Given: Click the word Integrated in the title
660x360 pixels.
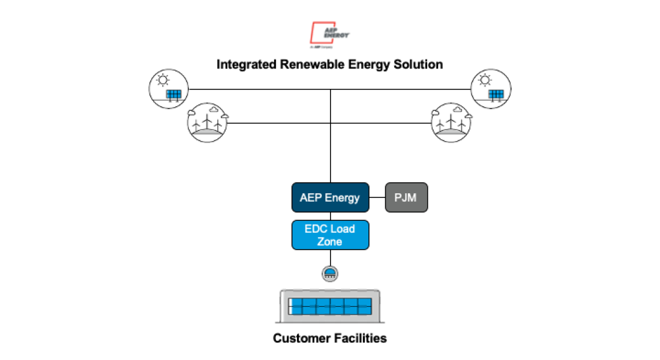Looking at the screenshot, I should click(247, 64).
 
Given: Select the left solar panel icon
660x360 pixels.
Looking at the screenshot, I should click(169, 89).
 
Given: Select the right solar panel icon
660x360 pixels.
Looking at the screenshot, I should click(491, 89).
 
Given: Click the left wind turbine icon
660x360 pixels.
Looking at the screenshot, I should click(208, 122).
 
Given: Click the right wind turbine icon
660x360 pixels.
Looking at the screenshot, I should click(452, 122).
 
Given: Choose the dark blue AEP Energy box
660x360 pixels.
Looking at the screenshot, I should click(329, 197).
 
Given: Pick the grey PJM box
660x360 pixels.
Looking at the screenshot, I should click(406, 197).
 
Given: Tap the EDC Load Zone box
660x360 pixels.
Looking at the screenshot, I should click(329, 235).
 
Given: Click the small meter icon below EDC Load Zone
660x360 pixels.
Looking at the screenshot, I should click(330, 273).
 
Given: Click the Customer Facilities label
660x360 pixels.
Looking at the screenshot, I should click(329, 338).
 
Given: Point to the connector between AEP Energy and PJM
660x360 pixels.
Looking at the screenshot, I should click(376, 197).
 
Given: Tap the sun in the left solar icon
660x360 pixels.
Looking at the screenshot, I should click(162, 80).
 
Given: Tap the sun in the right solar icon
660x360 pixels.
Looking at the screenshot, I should click(485, 80).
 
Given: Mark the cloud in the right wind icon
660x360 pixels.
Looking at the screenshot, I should click(458, 110).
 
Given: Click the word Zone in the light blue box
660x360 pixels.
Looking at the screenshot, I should click(329, 242).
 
